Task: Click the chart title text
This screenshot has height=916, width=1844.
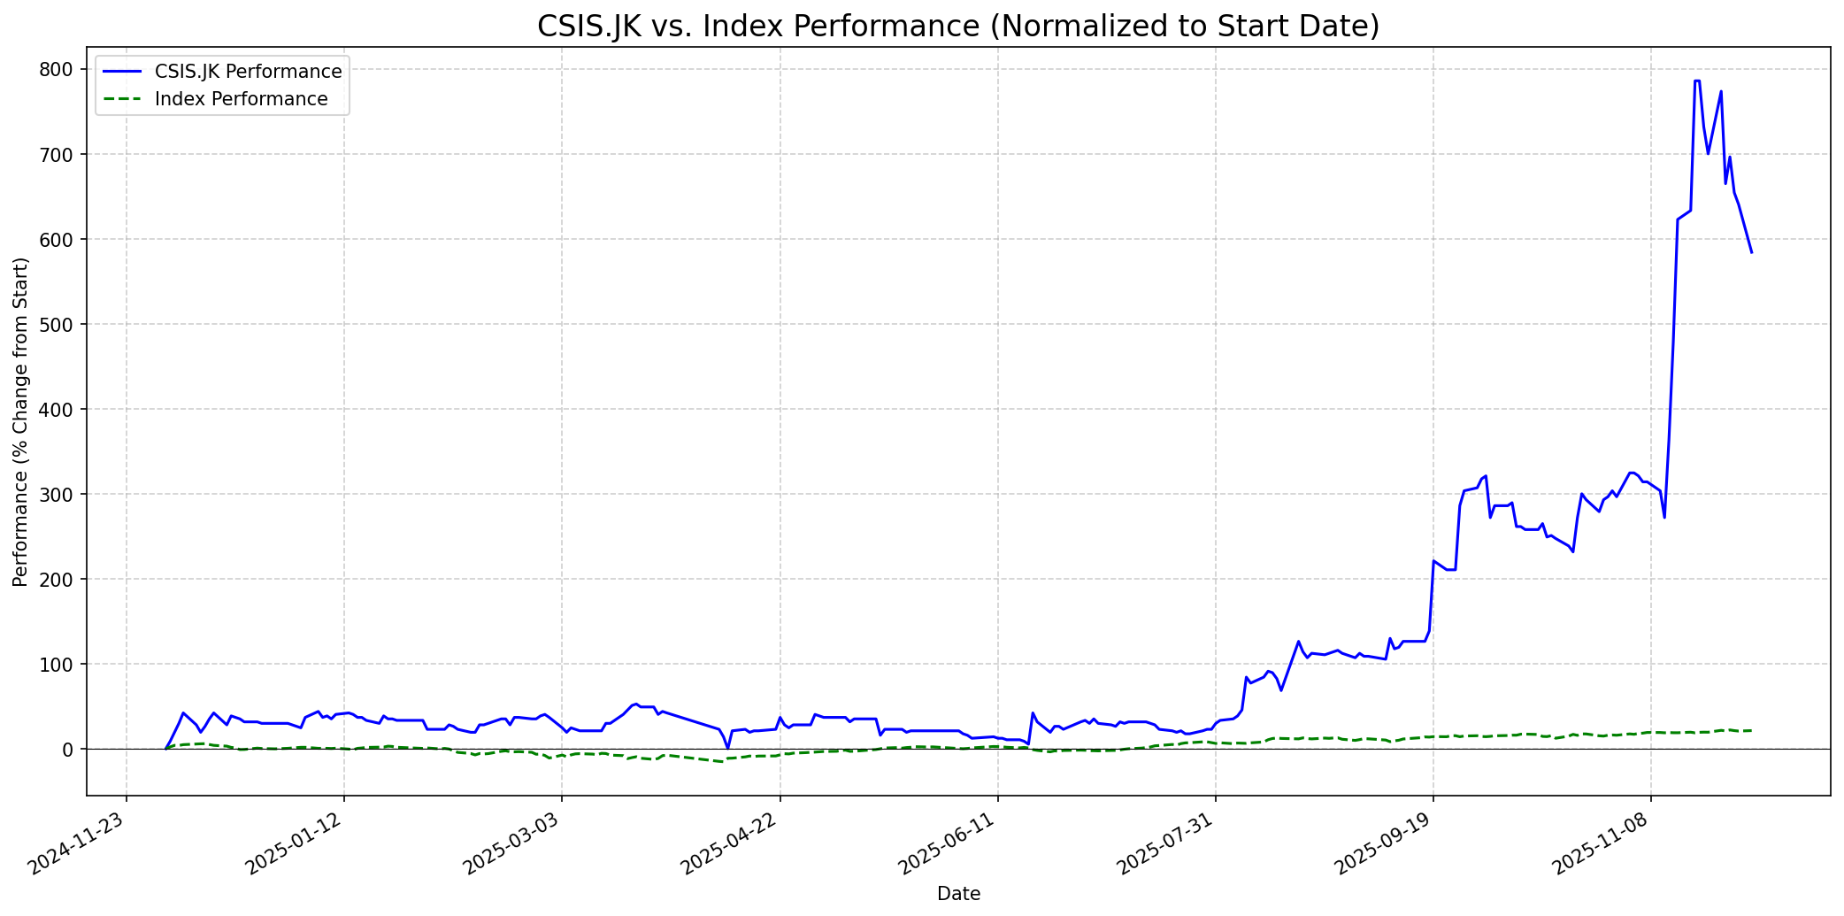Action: pos(958,27)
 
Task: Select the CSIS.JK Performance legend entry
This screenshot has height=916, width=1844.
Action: pos(248,72)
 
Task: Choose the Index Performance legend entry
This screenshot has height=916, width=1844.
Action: pos(241,99)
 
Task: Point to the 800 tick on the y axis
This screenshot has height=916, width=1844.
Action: pos(66,70)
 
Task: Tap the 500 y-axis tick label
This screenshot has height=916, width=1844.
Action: pos(66,325)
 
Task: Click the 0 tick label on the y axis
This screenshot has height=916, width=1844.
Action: pos(75,750)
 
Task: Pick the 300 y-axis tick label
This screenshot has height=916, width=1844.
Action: pos(66,495)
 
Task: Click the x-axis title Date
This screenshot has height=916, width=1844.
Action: pos(958,894)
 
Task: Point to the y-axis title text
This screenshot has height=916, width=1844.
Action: pos(20,421)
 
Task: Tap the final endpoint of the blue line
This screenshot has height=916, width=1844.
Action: pos(1751,253)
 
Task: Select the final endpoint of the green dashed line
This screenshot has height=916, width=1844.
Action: pos(1751,730)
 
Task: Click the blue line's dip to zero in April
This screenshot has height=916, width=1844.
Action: pos(728,748)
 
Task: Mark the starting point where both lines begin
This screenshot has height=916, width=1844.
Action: pos(165,749)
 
